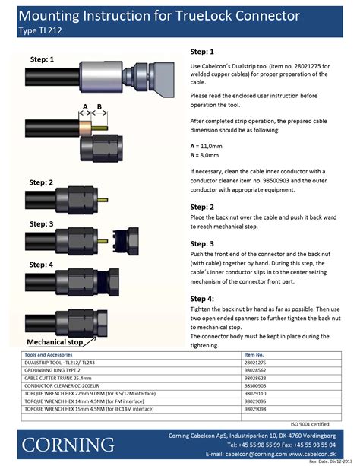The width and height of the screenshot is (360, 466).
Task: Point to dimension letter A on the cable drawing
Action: tap(86, 106)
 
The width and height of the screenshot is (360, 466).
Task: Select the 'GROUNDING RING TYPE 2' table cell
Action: tap(58, 369)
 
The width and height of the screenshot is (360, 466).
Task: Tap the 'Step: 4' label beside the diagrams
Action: tap(41, 265)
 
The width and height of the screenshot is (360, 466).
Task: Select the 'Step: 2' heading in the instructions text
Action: tap(202, 207)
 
